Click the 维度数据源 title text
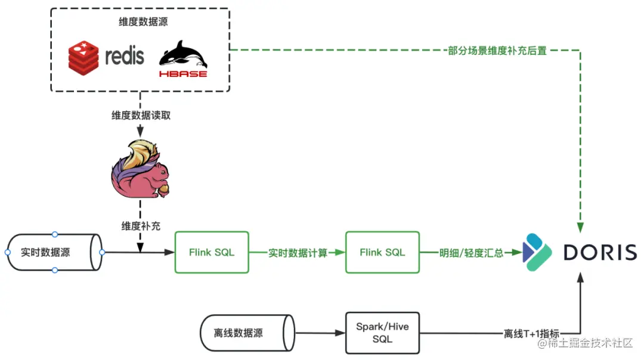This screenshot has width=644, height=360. (x=140, y=23)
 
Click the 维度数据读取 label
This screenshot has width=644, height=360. (x=141, y=116)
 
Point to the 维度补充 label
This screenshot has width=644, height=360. (x=141, y=226)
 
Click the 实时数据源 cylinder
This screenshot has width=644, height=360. (x=54, y=252)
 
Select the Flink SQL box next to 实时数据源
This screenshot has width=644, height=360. (x=212, y=252)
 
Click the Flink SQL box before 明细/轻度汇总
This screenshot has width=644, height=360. (x=382, y=252)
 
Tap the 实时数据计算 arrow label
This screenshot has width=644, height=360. (x=298, y=253)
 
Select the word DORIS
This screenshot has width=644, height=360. (x=600, y=253)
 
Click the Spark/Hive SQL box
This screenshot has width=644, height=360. (x=382, y=333)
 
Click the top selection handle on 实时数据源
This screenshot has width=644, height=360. (x=55, y=234)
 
